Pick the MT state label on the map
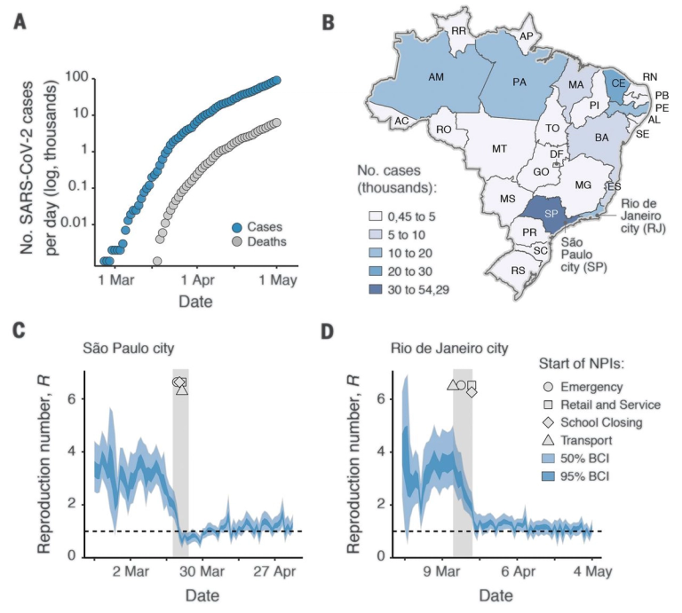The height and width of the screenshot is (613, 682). click(x=499, y=148)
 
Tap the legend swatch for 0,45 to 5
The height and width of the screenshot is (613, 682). click(x=377, y=215)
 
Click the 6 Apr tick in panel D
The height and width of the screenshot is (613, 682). click(x=526, y=569)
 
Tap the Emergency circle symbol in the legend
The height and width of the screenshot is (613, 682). click(x=550, y=387)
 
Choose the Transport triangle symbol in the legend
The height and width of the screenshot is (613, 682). click(x=550, y=439)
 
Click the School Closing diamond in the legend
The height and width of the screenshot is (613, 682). click(x=550, y=422)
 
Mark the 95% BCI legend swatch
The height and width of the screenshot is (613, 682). click(x=550, y=476)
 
